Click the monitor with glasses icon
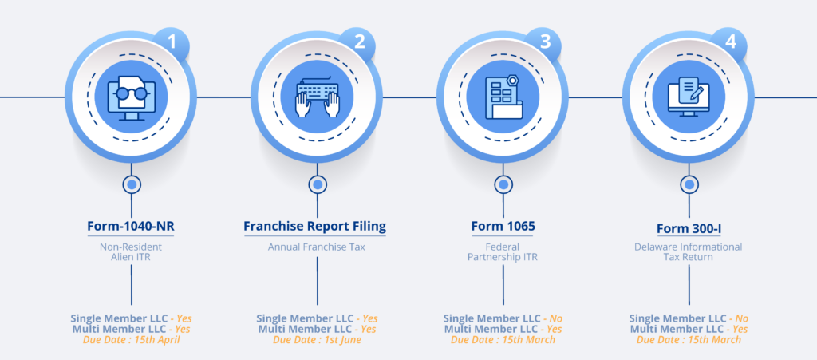[132, 98]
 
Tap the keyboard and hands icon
[318, 99]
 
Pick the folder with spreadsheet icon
[503, 97]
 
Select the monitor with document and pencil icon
[689, 97]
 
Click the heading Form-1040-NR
[132, 227]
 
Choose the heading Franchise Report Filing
[315, 227]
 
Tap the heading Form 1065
[503, 227]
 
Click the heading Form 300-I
[689, 229]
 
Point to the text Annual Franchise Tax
[317, 247]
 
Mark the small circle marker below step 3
[503, 184]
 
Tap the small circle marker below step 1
[132, 184]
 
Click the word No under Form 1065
[556, 318]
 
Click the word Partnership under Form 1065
[491, 257]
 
